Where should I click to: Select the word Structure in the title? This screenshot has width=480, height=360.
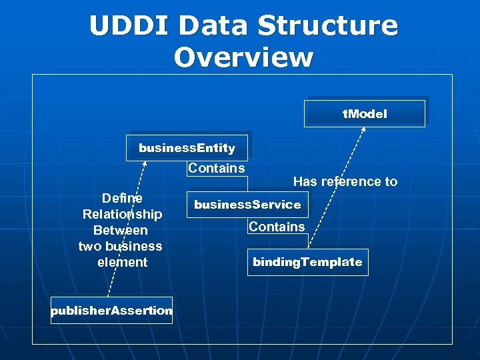pos(327,26)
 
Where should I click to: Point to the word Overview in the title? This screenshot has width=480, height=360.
pos(243,57)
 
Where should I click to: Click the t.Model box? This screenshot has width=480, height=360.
pos(364,114)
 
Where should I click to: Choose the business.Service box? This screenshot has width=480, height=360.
pos(247,205)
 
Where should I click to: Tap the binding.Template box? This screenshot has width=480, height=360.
pos(307,262)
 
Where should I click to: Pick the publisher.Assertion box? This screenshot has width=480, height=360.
pos(111,311)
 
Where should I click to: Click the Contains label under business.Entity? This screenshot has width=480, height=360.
pos(216,168)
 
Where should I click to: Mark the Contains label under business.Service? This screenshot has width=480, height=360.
pos(276,227)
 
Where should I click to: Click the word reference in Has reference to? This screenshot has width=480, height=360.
pos(345,181)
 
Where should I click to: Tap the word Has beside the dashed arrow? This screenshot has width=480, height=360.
pos(305,181)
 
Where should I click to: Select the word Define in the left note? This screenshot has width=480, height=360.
pos(122,198)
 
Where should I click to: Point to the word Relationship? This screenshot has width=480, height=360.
pos(122,214)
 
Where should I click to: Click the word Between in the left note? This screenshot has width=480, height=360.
pos(121,230)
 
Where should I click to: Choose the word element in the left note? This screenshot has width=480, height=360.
pos(122,262)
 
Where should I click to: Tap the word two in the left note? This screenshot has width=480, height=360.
pos(91,246)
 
